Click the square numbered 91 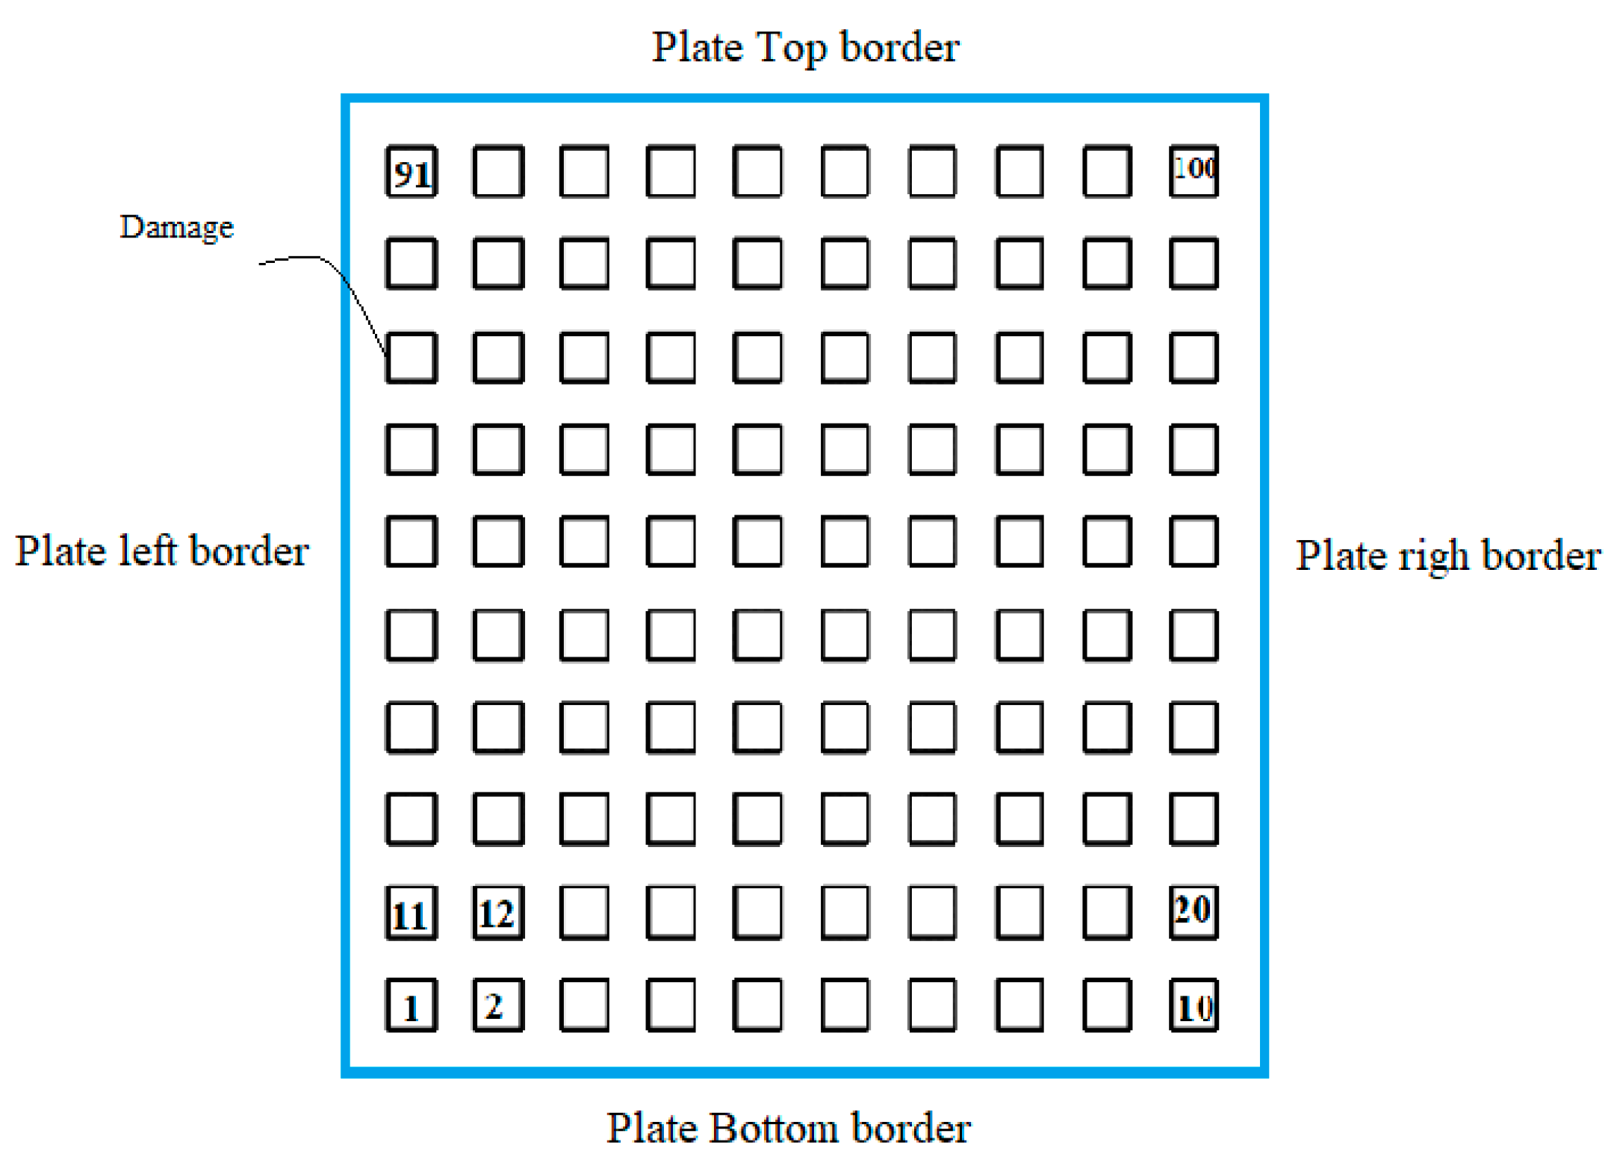point(411,171)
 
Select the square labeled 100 point(1193,171)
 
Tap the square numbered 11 point(411,912)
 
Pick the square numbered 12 point(497,912)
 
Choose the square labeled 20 point(1193,911)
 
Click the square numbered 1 point(411,1005)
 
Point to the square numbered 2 point(497,1005)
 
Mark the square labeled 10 point(1193,1005)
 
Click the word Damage point(176,227)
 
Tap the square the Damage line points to point(411,357)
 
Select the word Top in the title point(791,48)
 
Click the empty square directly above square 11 point(411,819)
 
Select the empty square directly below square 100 point(1193,263)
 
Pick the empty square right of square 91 point(497,171)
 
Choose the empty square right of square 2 point(584,1005)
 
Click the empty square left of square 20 point(1106,911)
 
